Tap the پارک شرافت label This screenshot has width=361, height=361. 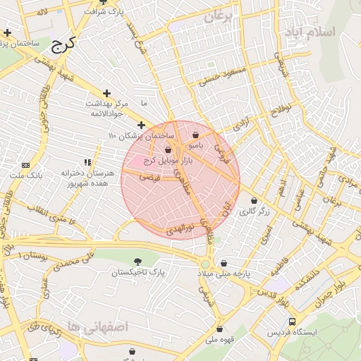[x=97, y=12]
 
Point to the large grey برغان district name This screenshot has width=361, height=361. [x=218, y=18]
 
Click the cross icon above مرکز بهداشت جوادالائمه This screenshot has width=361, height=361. [x=106, y=93]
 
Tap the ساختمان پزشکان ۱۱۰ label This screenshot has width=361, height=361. [x=141, y=135]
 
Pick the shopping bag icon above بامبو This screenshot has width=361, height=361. [x=195, y=135]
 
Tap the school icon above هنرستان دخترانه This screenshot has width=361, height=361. [x=87, y=162]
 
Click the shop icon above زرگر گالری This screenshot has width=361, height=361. [x=254, y=201]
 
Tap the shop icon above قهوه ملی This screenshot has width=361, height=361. [x=219, y=329]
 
